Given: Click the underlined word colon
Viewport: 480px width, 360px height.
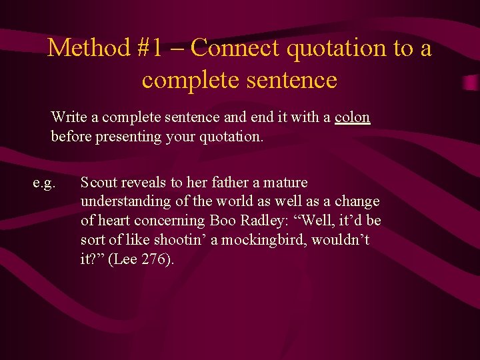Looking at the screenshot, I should coord(352,117).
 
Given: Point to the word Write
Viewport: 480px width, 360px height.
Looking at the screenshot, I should coord(69,117).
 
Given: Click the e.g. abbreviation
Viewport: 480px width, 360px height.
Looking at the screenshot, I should coord(44,182).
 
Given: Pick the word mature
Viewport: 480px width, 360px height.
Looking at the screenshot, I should coord(284,182).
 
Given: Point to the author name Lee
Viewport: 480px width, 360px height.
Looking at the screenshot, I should coord(125,259).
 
